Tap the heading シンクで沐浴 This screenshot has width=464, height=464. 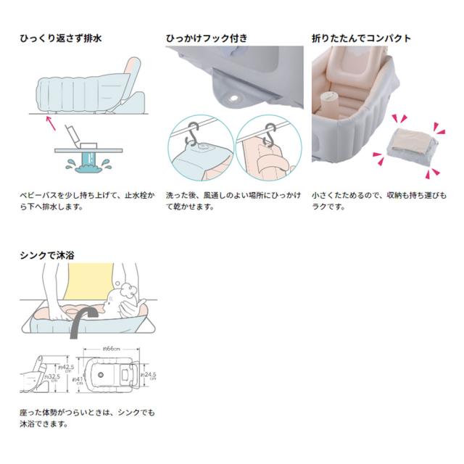[48, 254]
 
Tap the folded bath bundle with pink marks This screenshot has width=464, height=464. [410, 145]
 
